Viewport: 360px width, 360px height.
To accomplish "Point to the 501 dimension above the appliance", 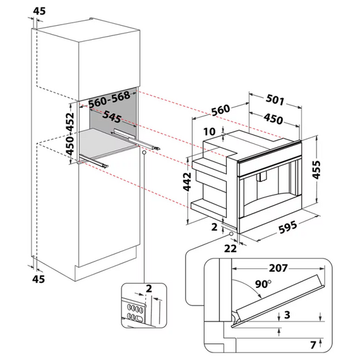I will (275, 100).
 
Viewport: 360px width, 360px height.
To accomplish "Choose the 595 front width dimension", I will (291, 229).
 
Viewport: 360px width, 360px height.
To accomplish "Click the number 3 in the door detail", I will (287, 315).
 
